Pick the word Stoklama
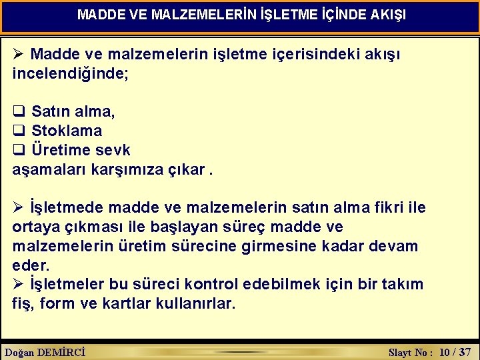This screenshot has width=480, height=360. [x=67, y=131]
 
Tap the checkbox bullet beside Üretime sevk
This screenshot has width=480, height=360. [x=19, y=149]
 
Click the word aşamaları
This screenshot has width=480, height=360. [x=45, y=169]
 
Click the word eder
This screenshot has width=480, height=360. [x=31, y=265]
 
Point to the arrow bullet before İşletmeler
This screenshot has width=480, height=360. [x=19, y=285]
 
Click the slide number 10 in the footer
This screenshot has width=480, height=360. [x=446, y=352]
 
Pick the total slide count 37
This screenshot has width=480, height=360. [x=465, y=352]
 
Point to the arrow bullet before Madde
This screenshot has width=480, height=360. [x=19, y=53]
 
